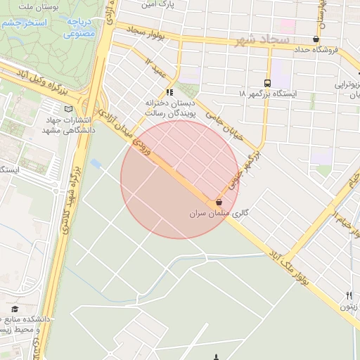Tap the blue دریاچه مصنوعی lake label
coord(79,27)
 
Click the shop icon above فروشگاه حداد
coord(316,39)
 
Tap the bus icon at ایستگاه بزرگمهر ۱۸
coord(266,82)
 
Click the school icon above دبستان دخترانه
coord(169,92)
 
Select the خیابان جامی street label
coord(224,121)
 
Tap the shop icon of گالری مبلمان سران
coord(219,201)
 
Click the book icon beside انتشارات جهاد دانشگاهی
coord(68,109)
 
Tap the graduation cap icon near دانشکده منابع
coord(15,309)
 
